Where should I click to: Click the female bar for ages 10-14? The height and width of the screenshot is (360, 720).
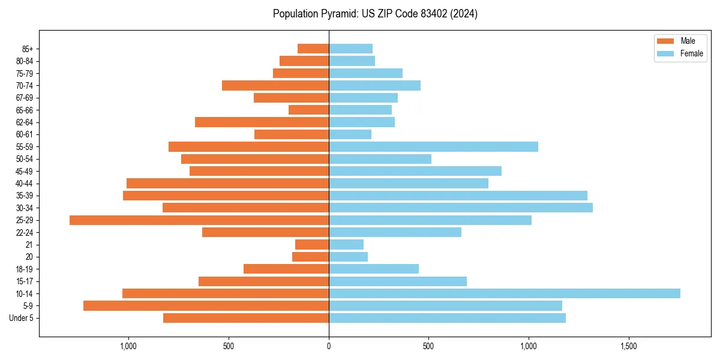click(x=504, y=293)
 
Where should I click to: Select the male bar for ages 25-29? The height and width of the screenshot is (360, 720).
click(x=199, y=220)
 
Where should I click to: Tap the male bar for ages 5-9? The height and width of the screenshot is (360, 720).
click(x=206, y=305)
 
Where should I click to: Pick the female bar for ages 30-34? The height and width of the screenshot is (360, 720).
click(x=460, y=208)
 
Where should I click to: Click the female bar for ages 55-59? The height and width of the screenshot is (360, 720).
click(x=433, y=146)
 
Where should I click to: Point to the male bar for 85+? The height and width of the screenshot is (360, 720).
click(x=313, y=49)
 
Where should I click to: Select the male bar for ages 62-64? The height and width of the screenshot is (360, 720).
click(x=262, y=122)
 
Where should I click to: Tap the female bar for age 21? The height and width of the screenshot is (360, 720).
click(x=346, y=244)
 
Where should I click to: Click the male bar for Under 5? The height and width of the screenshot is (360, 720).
click(x=246, y=318)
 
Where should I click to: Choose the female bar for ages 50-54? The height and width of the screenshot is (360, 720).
click(x=380, y=159)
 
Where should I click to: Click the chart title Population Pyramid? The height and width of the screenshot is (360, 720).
click(x=375, y=14)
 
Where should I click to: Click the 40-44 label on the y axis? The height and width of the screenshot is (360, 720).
click(x=25, y=184)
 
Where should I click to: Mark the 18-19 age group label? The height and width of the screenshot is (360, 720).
click(x=25, y=269)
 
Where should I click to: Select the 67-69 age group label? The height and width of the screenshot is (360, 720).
click(x=25, y=98)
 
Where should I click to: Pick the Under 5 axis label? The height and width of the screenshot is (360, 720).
click(x=22, y=318)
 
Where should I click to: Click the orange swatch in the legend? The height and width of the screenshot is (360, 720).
click(x=665, y=41)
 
